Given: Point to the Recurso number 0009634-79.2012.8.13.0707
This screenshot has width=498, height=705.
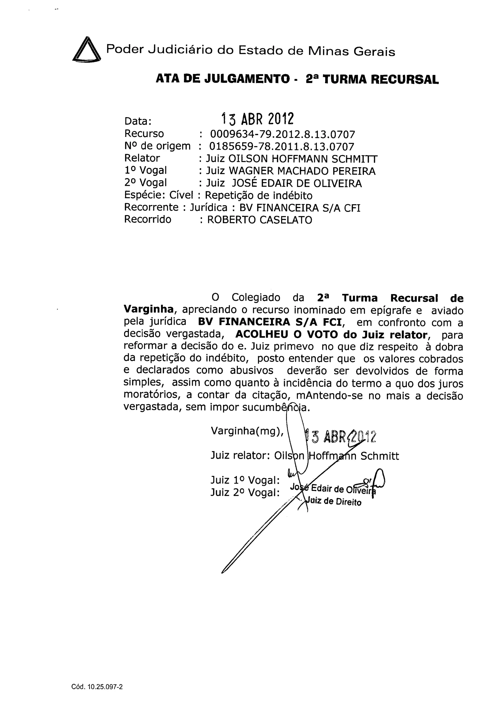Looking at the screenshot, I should tap(282, 134).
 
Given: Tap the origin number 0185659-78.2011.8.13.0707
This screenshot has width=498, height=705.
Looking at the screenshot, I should tap(282, 146).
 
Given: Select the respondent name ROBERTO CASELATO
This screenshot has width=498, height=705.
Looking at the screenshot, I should tap(260, 220).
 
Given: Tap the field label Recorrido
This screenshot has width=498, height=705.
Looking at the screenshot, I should tap(148, 219).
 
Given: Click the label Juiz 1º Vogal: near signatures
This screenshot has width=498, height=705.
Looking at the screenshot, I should tap(245, 480).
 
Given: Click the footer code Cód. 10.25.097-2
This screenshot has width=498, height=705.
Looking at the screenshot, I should tap(97, 678).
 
